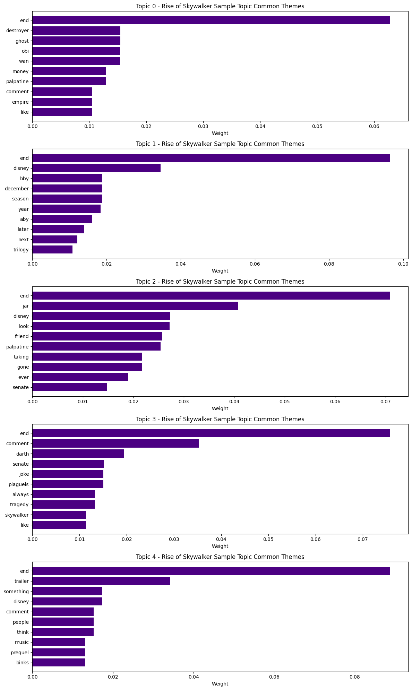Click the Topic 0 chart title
click(x=220, y=6)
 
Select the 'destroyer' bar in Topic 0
click(x=76, y=31)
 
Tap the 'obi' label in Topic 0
click(x=25, y=51)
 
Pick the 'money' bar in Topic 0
click(x=69, y=71)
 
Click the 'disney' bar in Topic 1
click(x=96, y=169)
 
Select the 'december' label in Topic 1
click(x=17, y=189)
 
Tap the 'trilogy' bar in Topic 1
click(x=52, y=250)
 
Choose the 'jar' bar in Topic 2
click(x=135, y=306)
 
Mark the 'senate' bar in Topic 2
click(x=69, y=387)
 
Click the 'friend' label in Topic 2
click(x=22, y=336)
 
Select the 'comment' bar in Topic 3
click(x=115, y=443)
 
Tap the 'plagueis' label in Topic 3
click(x=19, y=484)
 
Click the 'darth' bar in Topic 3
click(x=78, y=454)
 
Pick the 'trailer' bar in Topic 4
click(x=101, y=581)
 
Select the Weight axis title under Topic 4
click(x=220, y=684)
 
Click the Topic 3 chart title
click(x=220, y=419)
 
